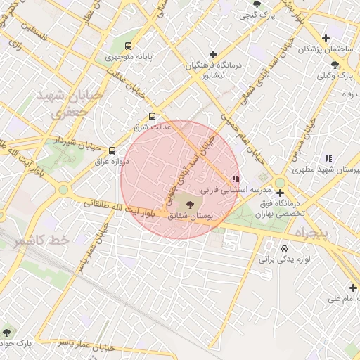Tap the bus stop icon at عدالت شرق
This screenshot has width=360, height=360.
coord(152,117)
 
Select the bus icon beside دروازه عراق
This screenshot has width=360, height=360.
coord(112,150)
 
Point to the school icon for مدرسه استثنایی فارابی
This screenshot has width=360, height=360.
coord(235,179)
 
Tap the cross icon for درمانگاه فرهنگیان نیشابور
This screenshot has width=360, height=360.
coord(213,54)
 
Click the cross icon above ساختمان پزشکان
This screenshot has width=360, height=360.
coord(325,39)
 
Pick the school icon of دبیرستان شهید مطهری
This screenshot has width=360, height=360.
coord(328,159)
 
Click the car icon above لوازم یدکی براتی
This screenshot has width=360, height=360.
coord(284,249)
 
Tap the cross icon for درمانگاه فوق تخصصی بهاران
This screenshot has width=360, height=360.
coord(280,193)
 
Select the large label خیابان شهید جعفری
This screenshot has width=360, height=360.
coord(64,103)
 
